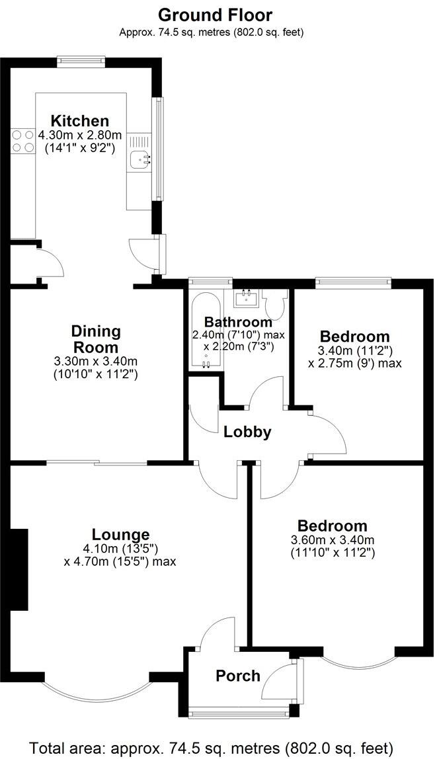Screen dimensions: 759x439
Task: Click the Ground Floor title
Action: tap(215, 15)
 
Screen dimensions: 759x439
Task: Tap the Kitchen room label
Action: tap(80, 121)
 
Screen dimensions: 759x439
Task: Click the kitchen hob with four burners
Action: tap(22, 141)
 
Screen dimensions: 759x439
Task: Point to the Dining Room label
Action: tap(96, 339)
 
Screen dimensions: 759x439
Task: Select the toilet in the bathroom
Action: tap(273, 305)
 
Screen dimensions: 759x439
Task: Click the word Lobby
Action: tap(247, 432)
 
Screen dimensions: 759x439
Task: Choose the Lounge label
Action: tap(120, 534)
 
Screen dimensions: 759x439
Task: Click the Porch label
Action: tap(238, 676)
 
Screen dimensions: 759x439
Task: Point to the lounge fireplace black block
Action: tap(19, 568)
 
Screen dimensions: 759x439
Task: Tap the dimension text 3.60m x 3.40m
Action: tap(332, 540)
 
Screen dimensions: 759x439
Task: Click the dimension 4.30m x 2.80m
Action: tap(80, 136)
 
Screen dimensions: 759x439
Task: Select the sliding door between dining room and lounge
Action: tap(97, 463)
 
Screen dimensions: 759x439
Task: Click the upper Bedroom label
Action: tap(354, 336)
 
